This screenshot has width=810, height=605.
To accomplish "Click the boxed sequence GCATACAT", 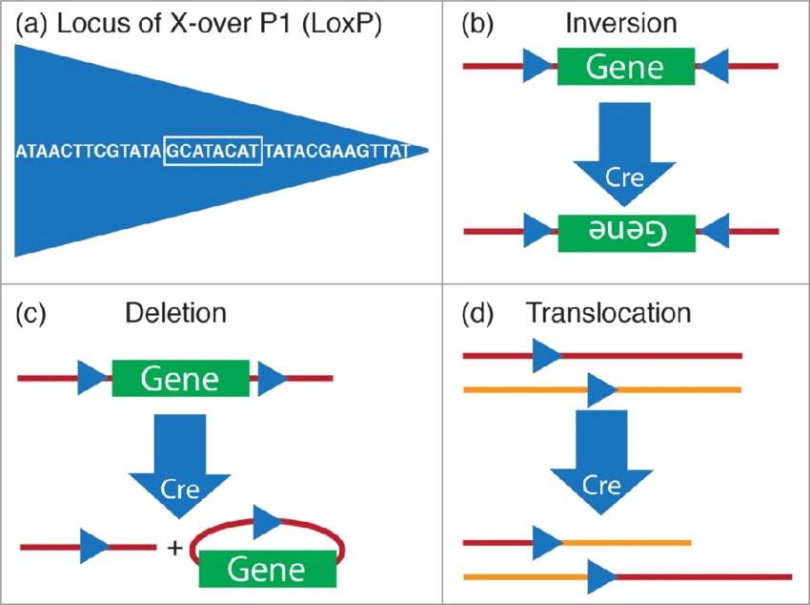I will point(213,151).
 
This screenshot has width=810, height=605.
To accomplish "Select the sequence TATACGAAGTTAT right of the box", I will point(336,151).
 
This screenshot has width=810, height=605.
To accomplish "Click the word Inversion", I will point(620,25).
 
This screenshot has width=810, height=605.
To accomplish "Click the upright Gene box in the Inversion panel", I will point(625,66).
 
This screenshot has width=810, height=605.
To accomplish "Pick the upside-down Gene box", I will point(625,232).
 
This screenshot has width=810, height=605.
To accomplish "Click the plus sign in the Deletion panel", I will point(173,549).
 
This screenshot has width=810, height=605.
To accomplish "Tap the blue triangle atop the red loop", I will point(267,522).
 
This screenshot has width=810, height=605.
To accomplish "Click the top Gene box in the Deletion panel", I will point(180,379).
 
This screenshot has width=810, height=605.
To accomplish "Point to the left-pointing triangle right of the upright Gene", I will point(714,67).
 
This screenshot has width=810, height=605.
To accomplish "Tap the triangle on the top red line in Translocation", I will point(547,356).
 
